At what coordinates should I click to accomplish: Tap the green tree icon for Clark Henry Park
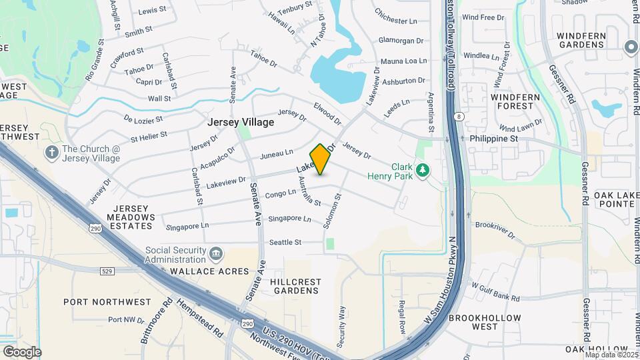421,171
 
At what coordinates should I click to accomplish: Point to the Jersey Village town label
241,123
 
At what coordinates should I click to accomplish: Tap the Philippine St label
493,139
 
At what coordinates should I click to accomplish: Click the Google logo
21,351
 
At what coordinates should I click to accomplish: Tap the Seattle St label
285,242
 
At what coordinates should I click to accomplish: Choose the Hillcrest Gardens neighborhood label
294,286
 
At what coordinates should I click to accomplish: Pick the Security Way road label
341,326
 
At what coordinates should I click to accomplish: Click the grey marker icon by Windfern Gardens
630,47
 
